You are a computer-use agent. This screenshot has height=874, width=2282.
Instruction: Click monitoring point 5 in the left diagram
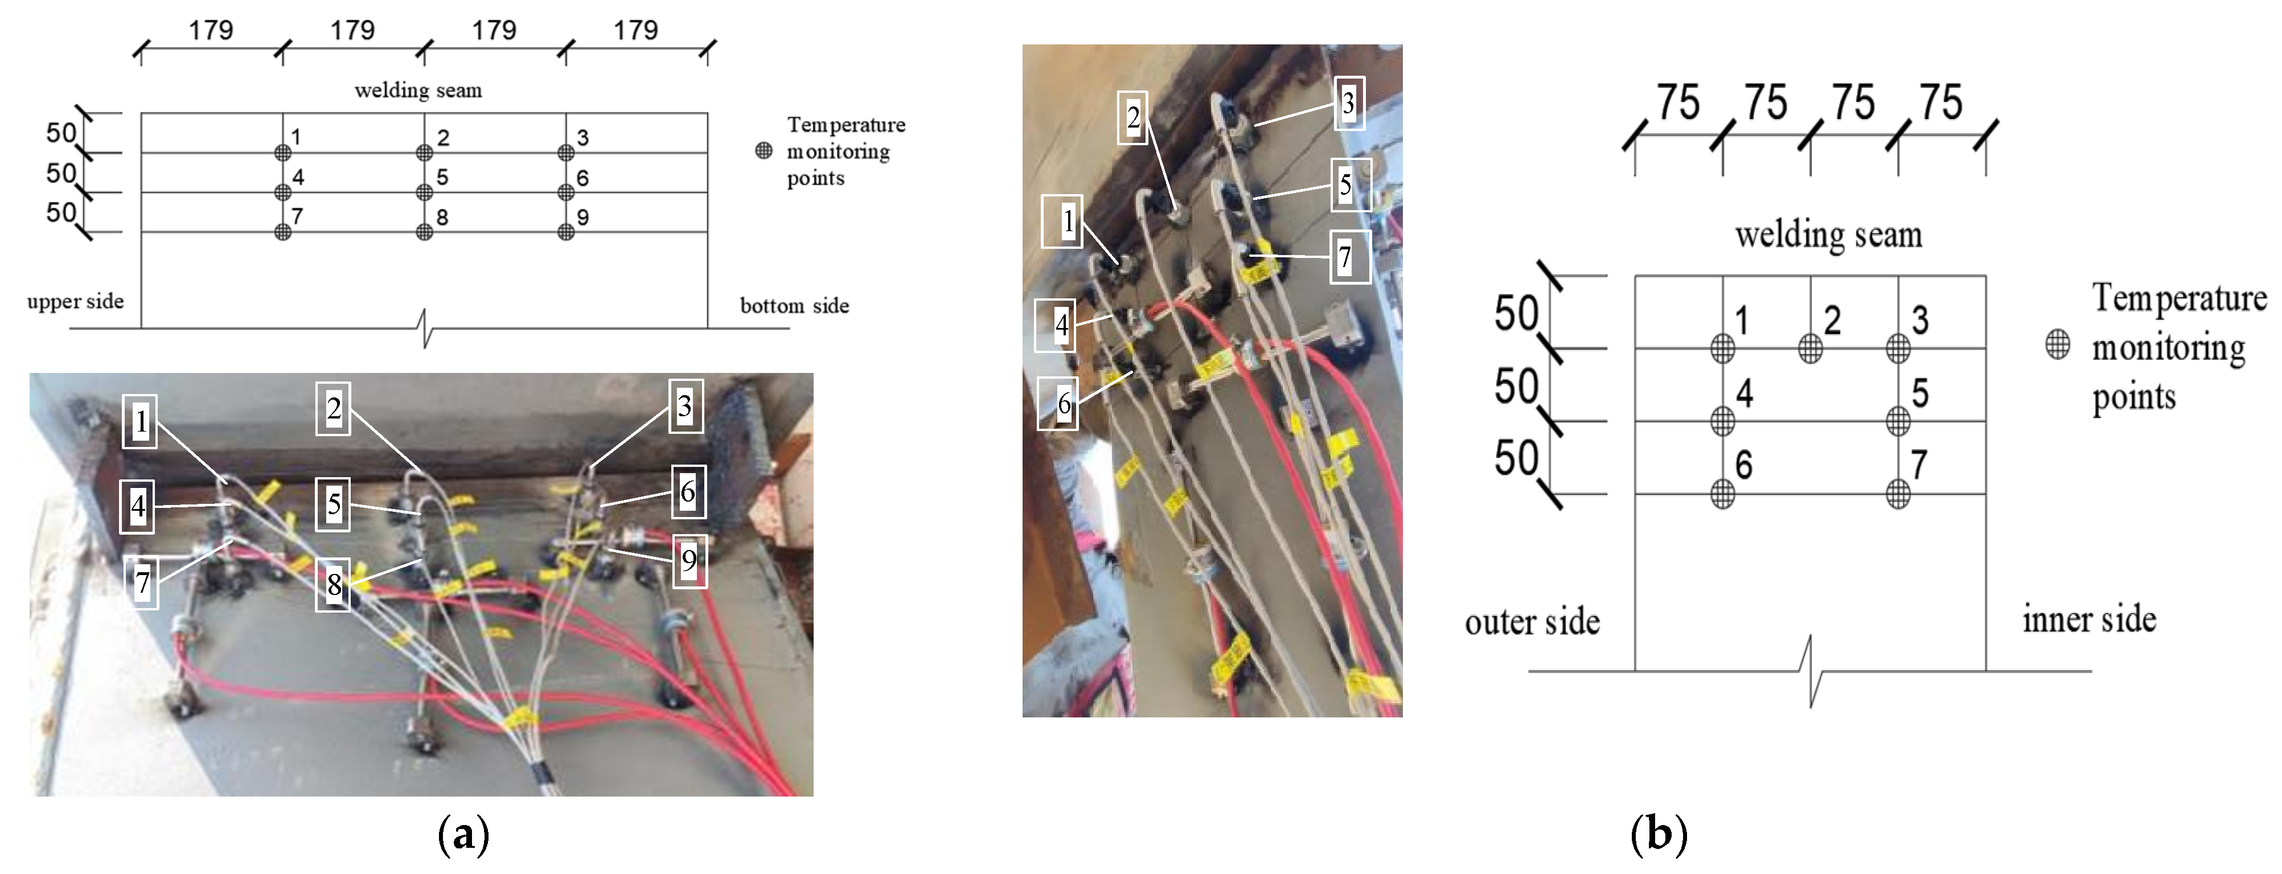tap(424, 192)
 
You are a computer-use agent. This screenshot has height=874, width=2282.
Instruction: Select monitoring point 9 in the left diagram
tap(566, 232)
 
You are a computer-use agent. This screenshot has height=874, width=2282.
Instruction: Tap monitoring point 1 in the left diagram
tap(282, 152)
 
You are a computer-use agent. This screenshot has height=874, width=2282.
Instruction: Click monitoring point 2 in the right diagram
tap(1810, 348)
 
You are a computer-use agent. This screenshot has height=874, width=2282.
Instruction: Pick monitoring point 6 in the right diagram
tap(1722, 493)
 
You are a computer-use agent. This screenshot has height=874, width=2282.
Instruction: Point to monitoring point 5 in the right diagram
tap(1898, 421)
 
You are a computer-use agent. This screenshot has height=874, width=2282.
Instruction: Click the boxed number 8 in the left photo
tap(333, 584)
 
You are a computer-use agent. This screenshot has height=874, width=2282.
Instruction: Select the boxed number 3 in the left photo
tap(685, 407)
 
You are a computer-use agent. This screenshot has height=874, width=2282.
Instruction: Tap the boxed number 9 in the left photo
tap(689, 560)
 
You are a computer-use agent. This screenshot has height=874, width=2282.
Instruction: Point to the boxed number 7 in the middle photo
tap(1350, 257)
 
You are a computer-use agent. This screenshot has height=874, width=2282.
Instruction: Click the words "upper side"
tap(75, 301)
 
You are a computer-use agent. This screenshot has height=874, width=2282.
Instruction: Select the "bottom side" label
tap(795, 306)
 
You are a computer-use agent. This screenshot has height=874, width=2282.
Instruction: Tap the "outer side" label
tap(1533, 622)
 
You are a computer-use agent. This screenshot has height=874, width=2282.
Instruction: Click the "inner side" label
tap(2089, 619)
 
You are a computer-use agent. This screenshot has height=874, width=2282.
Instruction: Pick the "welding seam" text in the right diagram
tap(1828, 235)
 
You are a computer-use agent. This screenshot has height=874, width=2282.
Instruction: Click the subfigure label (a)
tap(463, 834)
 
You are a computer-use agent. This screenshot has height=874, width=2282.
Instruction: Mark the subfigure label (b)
tap(1659, 834)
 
